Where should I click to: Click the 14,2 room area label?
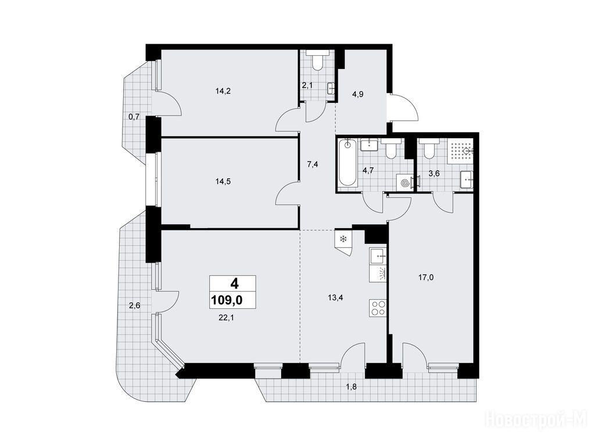pyautogui.click(x=223, y=91)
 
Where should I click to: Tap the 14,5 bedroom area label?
pyautogui.click(x=223, y=181)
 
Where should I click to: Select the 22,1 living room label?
pyautogui.click(x=225, y=318)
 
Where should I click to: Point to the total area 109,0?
pyautogui.click(x=227, y=301)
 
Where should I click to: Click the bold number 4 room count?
pyautogui.click(x=235, y=283)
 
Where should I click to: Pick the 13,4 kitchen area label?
pyautogui.click(x=335, y=297)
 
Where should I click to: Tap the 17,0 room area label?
pyautogui.click(x=426, y=278)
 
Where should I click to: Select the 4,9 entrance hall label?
pyautogui.click(x=358, y=95)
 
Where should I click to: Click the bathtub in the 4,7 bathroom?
pyautogui.click(x=348, y=163)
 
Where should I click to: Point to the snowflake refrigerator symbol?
pyautogui.click(x=343, y=239)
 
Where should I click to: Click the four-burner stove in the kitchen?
pyautogui.click(x=378, y=307)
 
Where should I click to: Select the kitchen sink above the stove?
pyautogui.click(x=378, y=257)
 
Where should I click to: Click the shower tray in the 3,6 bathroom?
pyautogui.click(x=460, y=152)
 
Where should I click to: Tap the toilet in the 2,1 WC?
pyautogui.click(x=317, y=60)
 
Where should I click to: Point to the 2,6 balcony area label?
pyautogui.click(x=135, y=305)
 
